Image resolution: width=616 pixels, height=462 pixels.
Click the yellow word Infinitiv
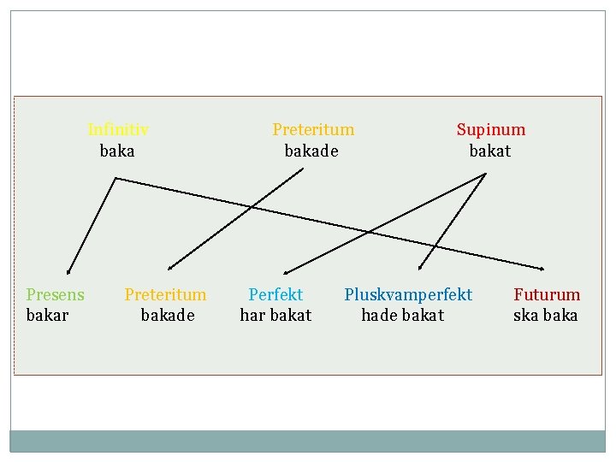click(118, 130)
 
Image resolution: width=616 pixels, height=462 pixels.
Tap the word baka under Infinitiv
click(117, 151)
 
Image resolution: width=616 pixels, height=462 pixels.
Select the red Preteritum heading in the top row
click(313, 130)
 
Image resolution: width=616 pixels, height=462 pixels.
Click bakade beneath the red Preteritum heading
click(311, 151)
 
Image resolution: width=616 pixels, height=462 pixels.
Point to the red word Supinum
click(491, 130)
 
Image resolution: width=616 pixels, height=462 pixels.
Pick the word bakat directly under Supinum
click(490, 151)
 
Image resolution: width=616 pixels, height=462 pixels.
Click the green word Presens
click(56, 295)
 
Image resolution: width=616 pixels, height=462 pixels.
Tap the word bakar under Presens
click(48, 316)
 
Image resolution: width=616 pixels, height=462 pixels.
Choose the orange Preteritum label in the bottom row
click(165, 295)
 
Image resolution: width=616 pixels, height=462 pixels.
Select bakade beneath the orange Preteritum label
click(168, 316)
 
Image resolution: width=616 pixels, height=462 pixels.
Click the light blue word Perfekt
click(275, 295)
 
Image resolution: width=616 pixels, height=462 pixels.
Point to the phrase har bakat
click(275, 316)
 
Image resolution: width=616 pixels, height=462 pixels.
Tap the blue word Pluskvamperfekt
click(408, 295)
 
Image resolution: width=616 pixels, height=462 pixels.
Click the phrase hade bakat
click(403, 316)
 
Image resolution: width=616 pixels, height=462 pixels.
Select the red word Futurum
click(547, 295)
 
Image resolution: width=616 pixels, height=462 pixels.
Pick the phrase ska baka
click(546, 316)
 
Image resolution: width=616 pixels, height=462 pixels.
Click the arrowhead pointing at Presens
click(68, 270)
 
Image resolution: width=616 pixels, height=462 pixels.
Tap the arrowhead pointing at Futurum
click(543, 267)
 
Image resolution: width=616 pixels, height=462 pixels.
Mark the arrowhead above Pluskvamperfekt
click(421, 268)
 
